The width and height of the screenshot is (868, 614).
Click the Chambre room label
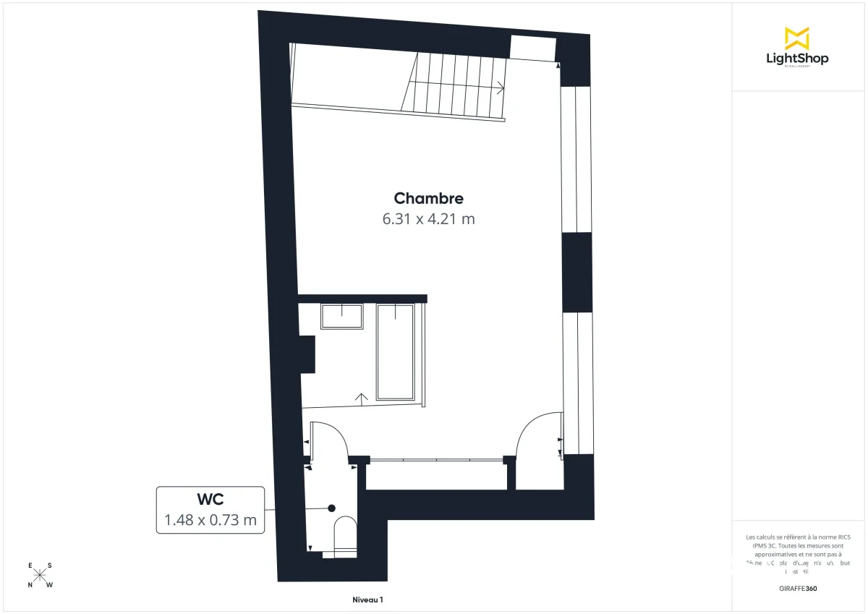(428, 198)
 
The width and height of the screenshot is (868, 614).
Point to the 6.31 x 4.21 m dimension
(428, 218)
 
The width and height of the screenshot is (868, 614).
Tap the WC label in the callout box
(210, 499)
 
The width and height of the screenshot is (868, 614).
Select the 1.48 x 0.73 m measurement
(210, 519)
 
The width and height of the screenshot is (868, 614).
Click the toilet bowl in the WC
(345, 535)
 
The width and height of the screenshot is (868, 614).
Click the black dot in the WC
(332, 508)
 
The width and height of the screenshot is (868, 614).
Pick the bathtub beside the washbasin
(395, 351)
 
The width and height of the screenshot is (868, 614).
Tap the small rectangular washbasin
(341, 317)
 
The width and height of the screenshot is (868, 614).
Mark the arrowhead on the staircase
(501, 88)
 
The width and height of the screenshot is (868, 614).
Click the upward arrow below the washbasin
(362, 397)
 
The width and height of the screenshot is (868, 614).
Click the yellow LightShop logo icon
(796, 38)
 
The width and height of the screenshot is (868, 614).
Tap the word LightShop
(796, 59)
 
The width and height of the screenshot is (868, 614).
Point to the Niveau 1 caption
(367, 600)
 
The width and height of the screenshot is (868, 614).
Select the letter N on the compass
(30, 585)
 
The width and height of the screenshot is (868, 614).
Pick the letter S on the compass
(49, 566)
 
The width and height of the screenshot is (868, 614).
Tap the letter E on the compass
(30, 566)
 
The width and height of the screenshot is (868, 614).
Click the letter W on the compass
(50, 585)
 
